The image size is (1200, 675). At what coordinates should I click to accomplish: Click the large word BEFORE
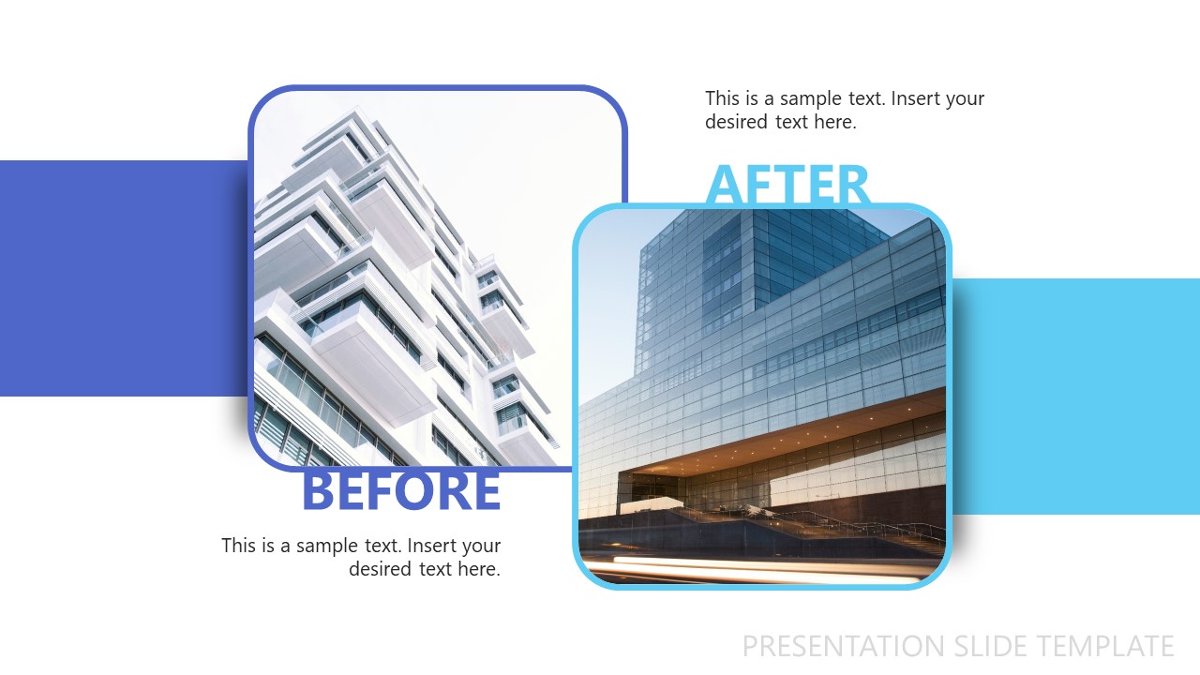point(401,491)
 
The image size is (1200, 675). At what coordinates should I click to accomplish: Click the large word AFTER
point(787,185)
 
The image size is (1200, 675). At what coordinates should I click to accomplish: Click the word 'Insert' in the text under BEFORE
point(432,546)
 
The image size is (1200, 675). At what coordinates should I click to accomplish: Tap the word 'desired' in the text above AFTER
point(737,122)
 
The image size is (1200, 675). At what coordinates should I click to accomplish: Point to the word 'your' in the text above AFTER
point(966,98)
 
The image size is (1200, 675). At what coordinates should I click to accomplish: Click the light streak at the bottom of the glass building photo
point(750,565)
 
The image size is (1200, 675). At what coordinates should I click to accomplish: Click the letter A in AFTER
point(725,185)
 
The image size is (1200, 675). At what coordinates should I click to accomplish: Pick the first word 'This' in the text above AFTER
point(723,98)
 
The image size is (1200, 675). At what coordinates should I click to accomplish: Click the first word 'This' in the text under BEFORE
point(239,546)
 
